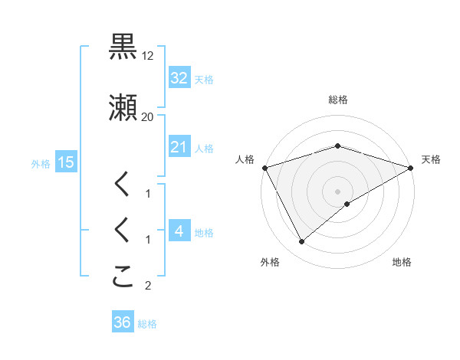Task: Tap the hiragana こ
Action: (123, 277)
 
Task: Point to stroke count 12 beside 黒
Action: (148, 57)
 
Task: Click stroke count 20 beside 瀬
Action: (148, 117)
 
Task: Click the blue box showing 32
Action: (179, 78)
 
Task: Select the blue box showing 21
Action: (179, 147)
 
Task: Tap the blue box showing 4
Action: (179, 231)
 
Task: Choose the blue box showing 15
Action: (65, 162)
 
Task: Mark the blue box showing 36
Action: (122, 322)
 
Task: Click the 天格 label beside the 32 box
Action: (204, 80)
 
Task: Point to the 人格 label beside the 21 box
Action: (204, 149)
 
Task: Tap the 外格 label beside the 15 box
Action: (41, 163)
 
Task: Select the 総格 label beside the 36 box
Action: (147, 324)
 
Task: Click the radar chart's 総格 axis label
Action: (337, 100)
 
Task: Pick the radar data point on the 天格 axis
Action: (411, 167)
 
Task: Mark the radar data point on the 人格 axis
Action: (264, 167)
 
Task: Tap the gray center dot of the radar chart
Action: (337, 191)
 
